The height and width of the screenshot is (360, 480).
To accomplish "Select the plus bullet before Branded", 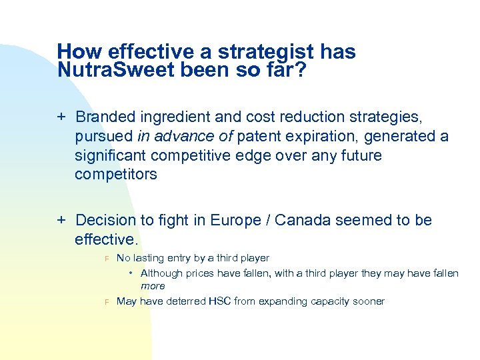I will [61, 118].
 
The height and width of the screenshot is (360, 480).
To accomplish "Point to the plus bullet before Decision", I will [61, 221].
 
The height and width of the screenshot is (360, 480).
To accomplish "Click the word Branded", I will [104, 118].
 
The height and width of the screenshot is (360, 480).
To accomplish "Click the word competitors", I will [115, 175].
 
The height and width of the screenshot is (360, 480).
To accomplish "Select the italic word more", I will [153, 286].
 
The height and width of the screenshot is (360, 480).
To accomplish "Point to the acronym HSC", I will [219, 301].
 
